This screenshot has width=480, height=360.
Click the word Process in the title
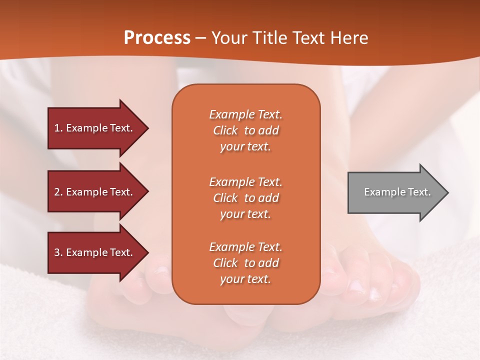click(x=157, y=38)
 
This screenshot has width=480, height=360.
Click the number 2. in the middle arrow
click(x=58, y=192)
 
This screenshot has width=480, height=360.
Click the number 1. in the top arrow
click(x=58, y=128)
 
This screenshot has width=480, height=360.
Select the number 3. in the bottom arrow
click(x=58, y=253)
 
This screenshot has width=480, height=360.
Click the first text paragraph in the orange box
click(x=245, y=130)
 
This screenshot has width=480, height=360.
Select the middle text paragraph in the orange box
click(x=245, y=198)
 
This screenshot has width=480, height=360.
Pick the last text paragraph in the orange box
click(x=245, y=263)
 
